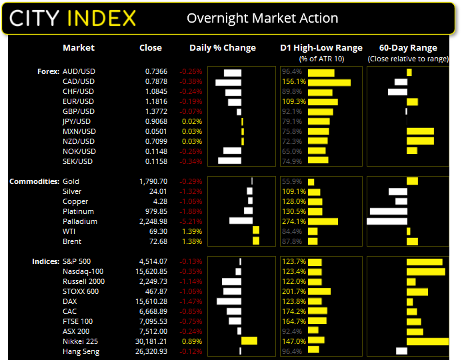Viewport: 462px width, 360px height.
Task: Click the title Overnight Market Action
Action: click(262, 18)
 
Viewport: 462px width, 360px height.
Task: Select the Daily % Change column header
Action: click(223, 48)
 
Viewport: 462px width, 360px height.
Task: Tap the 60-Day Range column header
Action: click(408, 48)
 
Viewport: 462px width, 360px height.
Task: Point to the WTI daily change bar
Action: click(255, 231)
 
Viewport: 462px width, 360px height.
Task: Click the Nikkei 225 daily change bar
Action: click(249, 341)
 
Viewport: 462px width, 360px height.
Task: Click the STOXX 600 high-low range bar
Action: click(319, 291)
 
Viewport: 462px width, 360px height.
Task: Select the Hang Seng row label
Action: click(80, 351)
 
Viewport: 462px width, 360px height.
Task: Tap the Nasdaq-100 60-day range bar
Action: click(425, 271)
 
